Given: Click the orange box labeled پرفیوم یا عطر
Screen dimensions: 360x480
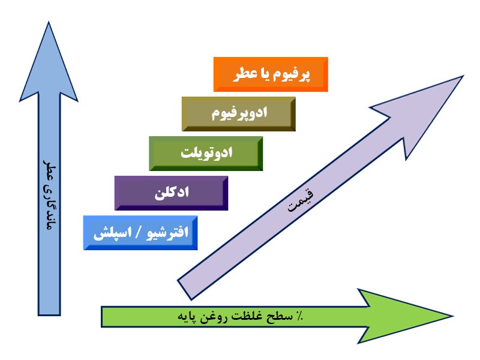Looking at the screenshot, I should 271,74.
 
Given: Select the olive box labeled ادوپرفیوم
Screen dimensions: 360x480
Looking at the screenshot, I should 239,113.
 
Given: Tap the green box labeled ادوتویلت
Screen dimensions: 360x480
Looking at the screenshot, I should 206,153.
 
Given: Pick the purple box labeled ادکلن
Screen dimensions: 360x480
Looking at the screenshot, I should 171,193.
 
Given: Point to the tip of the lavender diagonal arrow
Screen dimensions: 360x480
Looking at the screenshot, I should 462,77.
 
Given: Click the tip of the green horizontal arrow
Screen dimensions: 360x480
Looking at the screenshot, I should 451,316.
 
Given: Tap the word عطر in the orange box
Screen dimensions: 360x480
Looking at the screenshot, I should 239,74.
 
